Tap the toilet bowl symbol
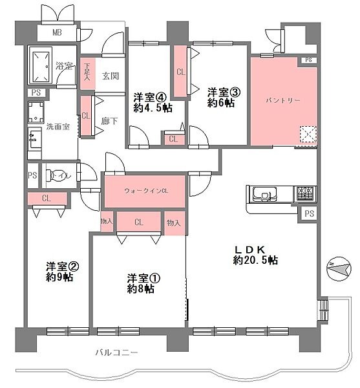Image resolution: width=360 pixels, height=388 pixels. coord(52,175)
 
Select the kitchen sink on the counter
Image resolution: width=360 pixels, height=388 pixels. coord(265,193)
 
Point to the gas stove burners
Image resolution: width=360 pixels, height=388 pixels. coord(305,193)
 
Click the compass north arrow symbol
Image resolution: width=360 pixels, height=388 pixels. coord(339,269)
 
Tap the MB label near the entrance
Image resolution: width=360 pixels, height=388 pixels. coord(57,32)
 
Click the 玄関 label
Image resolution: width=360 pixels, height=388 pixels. coord(111,76)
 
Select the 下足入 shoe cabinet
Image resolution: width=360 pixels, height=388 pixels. coord(87,74)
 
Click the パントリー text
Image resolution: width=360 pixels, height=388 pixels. coord(283,100)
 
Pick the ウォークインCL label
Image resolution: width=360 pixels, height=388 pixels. coord(146,191)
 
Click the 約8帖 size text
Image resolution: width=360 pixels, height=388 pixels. coord(141,289)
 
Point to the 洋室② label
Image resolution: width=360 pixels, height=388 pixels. coord(62,266)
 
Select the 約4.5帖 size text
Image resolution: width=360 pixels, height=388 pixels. coord(153,108)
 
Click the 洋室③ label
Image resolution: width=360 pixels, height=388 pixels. coord(224,92)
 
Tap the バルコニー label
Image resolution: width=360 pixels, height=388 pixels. coord(116,352)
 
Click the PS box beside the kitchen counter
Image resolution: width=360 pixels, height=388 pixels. coord(309,213)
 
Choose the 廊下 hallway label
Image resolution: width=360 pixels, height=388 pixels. coord(109,122)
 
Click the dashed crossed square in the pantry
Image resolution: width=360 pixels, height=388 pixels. coord(308,135)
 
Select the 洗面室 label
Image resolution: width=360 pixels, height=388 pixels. coord(58,127)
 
